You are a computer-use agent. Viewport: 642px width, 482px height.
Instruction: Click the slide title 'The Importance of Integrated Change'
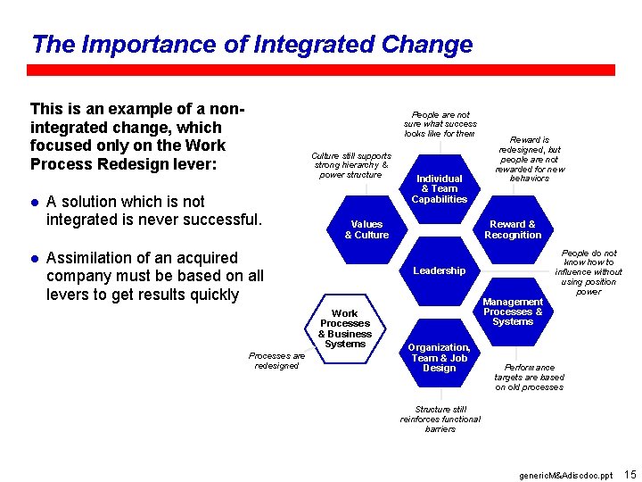tap(251, 44)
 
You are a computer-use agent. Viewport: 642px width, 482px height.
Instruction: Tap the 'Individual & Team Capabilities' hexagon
tap(440, 188)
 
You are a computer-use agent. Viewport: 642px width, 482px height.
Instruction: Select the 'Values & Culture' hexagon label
tap(366, 229)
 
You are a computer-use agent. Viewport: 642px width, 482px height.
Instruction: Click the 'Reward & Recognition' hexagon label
tap(513, 229)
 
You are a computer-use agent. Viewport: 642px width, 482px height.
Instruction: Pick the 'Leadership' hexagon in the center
tap(440, 270)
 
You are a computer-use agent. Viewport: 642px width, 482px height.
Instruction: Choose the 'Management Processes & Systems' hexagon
tap(513, 312)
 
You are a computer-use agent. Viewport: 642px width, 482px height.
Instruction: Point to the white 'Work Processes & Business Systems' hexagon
tap(345, 328)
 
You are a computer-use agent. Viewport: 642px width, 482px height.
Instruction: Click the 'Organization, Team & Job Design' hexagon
tap(440, 357)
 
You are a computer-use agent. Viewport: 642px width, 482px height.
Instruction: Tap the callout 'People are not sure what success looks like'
tap(440, 124)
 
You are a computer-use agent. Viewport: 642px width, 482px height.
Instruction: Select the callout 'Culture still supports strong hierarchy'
tap(350, 165)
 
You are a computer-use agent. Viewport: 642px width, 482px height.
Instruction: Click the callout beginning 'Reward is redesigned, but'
tap(530, 159)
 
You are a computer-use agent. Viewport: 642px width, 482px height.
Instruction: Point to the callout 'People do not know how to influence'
tap(588, 272)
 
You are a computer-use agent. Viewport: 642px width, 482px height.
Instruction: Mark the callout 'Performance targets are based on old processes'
tap(530, 377)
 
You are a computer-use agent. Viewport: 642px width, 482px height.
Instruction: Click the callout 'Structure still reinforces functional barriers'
tap(440, 419)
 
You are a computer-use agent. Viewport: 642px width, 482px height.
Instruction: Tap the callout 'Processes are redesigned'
tap(276, 361)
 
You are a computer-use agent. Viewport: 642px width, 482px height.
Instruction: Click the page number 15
tap(630, 473)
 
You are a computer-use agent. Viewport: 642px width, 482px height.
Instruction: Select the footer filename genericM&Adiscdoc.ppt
tap(566, 475)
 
